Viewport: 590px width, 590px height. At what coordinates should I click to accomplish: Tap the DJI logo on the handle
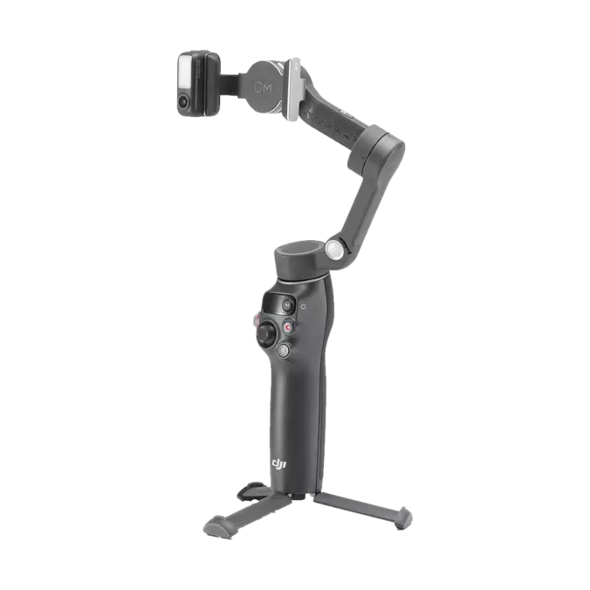(x=278, y=463)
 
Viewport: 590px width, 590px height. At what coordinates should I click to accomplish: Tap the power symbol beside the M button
(x=302, y=307)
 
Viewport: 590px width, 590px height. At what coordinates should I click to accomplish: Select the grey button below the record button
(x=285, y=351)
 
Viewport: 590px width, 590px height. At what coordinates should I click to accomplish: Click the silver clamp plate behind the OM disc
(x=296, y=86)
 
